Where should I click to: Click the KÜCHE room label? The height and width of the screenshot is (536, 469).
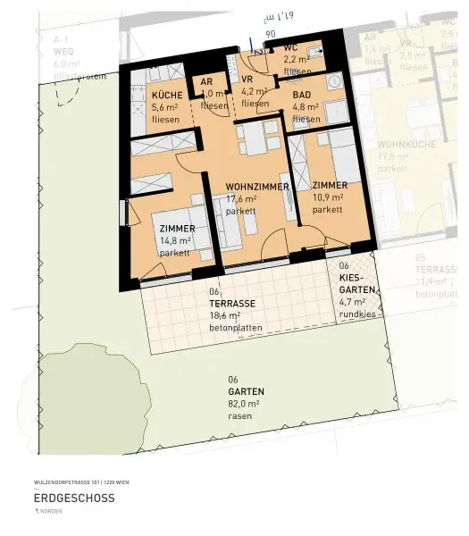[167, 96]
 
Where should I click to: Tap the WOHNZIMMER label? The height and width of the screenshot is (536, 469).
[256, 188]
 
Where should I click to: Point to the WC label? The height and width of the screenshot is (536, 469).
[290, 47]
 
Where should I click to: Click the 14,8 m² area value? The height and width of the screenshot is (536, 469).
[174, 240]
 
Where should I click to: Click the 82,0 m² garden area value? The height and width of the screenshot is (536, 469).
[243, 404]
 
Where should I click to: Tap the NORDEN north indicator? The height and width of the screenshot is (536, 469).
[54, 513]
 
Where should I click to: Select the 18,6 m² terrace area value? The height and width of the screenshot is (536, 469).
[226, 315]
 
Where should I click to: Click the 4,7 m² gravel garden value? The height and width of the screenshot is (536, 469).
[353, 301]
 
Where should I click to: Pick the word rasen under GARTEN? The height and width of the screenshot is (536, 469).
[238, 415]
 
